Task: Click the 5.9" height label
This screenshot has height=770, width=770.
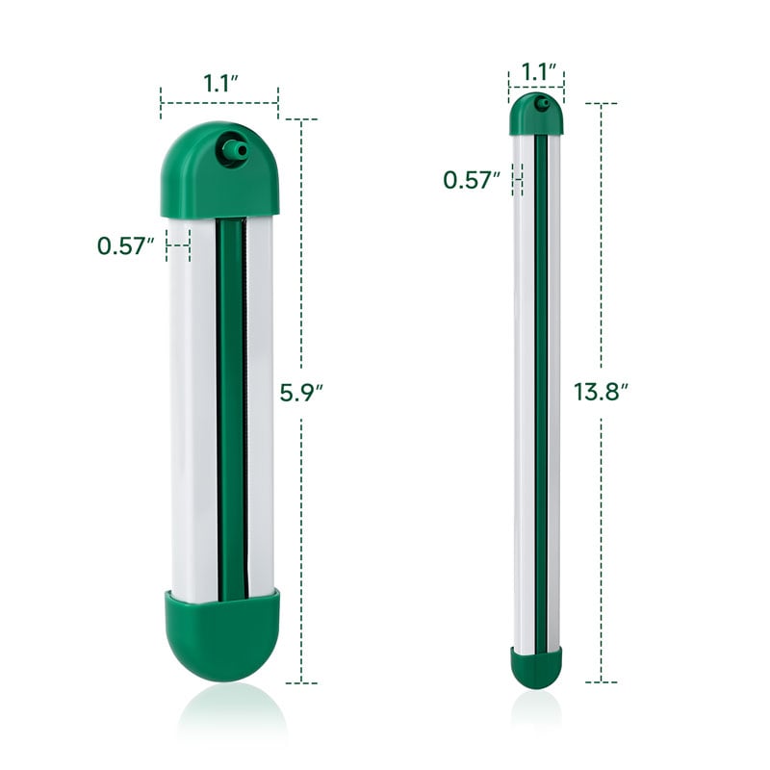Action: (x=301, y=393)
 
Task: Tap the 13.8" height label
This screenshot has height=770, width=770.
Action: (x=601, y=393)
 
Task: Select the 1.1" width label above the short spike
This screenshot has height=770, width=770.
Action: (x=220, y=83)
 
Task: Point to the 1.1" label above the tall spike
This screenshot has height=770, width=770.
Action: (x=538, y=71)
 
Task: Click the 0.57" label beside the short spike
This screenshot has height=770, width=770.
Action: (x=126, y=245)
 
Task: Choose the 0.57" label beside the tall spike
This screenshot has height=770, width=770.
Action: (x=472, y=180)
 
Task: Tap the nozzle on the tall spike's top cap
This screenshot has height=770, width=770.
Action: (x=543, y=104)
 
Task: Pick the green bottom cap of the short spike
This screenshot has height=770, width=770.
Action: (x=222, y=635)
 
